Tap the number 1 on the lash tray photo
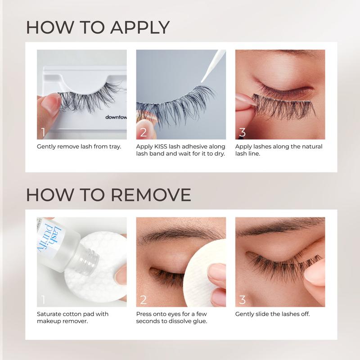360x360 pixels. click(43, 132)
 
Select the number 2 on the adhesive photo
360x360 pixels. click(143, 132)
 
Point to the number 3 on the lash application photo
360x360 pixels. click(243, 132)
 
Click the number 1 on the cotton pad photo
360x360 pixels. click(43, 299)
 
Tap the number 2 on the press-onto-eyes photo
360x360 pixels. click(143, 299)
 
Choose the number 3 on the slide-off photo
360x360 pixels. click(243, 299)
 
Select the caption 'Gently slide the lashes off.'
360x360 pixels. click(273, 314)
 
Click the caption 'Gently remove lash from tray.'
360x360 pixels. click(79, 147)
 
